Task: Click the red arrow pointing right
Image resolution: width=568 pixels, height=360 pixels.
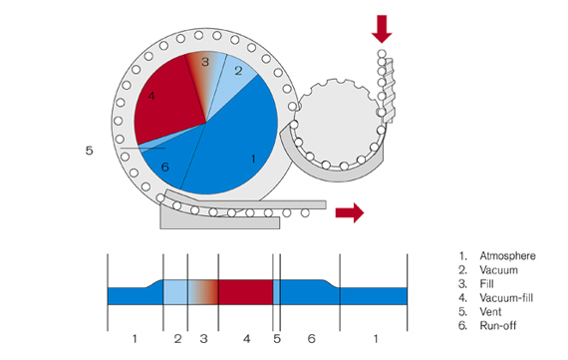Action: [x=349, y=211]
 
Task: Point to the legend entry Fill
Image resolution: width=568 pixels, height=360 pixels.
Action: [x=488, y=284]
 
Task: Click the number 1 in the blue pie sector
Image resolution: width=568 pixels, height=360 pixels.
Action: [x=254, y=157]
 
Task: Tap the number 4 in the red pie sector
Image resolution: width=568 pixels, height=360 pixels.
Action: [x=151, y=96]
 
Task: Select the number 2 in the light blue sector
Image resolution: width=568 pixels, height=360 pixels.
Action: [x=238, y=71]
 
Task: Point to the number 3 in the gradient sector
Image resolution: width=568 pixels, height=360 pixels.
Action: [x=204, y=63]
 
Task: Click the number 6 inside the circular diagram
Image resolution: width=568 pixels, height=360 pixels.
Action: [x=165, y=167]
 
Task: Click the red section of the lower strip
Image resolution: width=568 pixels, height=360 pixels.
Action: [x=245, y=292]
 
